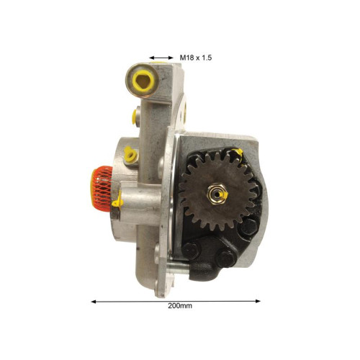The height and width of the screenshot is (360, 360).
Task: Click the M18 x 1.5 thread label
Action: click(x=196, y=58)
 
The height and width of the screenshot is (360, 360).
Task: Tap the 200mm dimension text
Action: click(x=180, y=306)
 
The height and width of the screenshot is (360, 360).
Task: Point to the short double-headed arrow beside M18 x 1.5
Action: click(x=161, y=58)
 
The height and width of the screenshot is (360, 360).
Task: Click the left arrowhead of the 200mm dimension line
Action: click(x=94, y=302)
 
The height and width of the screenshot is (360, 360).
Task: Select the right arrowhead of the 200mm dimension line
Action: click(x=258, y=301)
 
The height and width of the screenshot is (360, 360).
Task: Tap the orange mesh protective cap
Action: click(x=102, y=189)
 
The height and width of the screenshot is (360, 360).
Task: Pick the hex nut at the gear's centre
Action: click(x=217, y=194)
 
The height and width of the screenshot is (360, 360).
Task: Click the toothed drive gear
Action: click(x=217, y=190)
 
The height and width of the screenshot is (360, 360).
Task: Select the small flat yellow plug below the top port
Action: click(x=134, y=117)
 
